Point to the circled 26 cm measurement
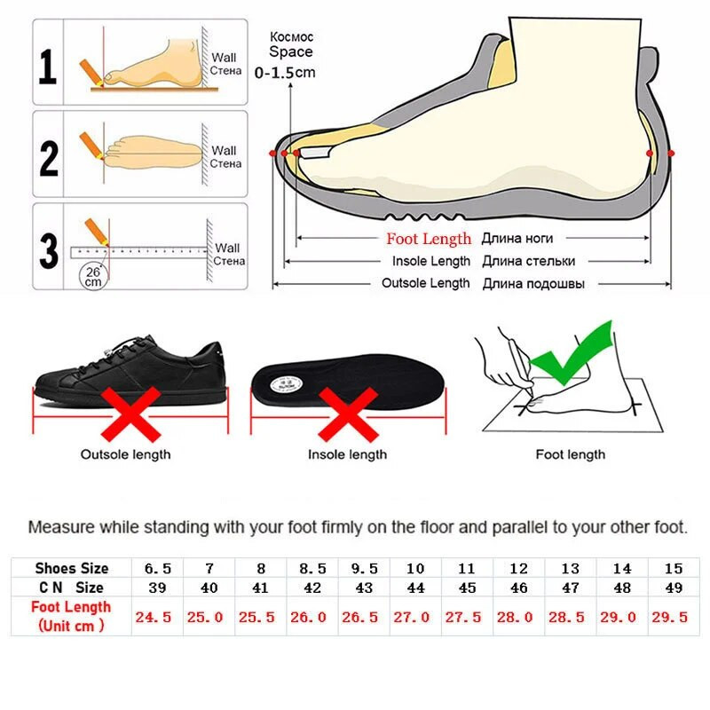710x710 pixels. tap(93, 276)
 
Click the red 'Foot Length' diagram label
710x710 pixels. tap(429, 239)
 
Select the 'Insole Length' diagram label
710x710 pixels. tap(431, 261)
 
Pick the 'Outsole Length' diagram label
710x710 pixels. tap(426, 283)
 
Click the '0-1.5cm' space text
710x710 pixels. tap(285, 72)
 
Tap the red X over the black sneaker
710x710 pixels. tap(131, 414)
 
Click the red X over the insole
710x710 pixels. tap(346, 414)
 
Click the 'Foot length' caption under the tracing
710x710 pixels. tap(570, 454)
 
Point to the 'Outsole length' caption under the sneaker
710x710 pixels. tap(126, 454)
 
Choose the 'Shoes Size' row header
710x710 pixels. tap(72, 568)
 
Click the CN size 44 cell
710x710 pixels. tap(414, 588)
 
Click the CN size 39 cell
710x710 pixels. tap(157, 588)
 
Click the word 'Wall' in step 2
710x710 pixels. tap(224, 151)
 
